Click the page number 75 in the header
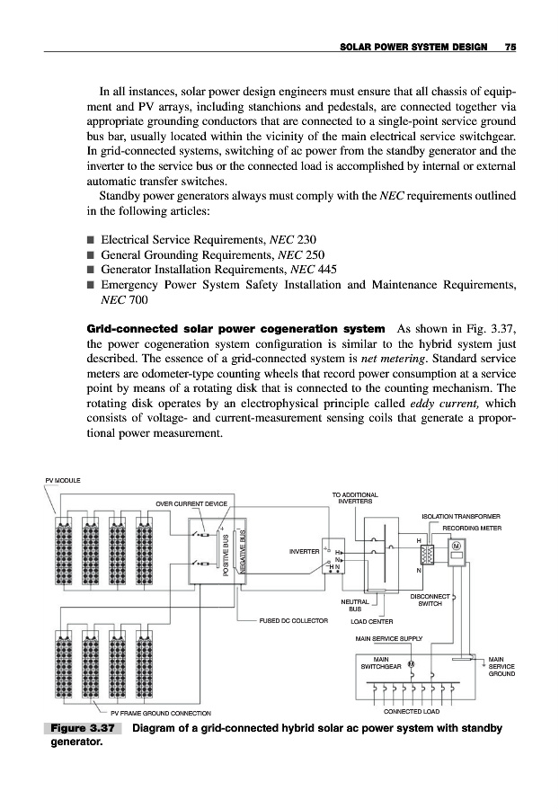tap(509, 48)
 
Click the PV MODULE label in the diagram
tap(62, 481)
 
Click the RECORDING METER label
tap(471, 529)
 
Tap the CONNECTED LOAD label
tap(411, 713)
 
